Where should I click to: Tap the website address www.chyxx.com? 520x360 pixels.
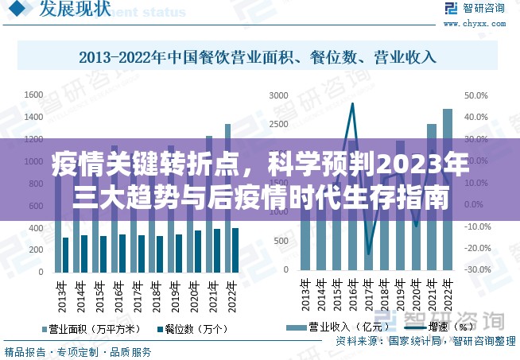483,24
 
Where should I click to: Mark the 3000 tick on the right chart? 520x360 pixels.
278,95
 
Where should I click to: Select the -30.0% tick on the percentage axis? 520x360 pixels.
478,270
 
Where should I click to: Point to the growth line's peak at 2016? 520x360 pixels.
352,103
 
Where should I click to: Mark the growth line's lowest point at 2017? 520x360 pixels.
368,254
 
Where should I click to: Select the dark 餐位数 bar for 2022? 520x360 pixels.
235,250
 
